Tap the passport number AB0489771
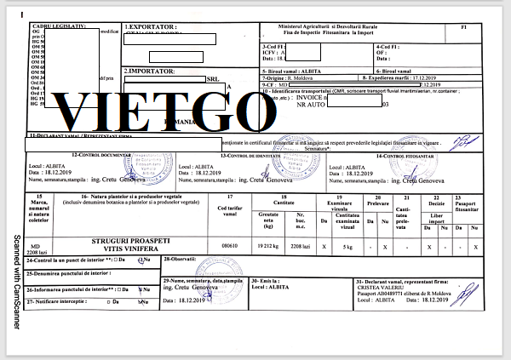click(400, 294)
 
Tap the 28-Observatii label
click(181, 258)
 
